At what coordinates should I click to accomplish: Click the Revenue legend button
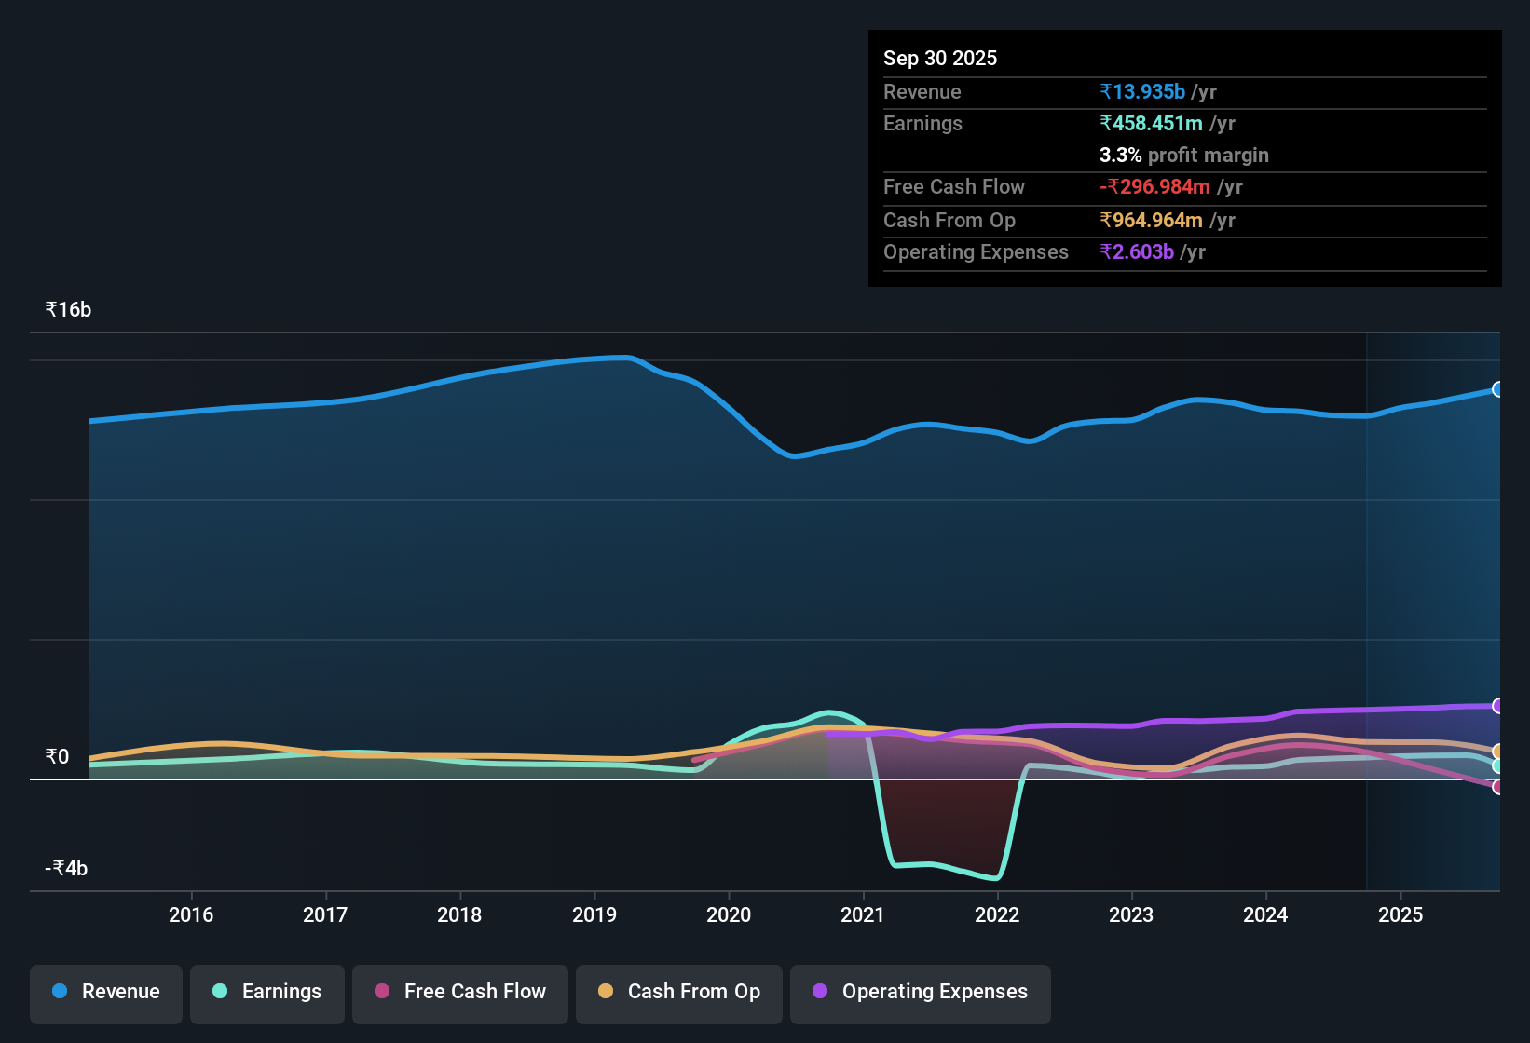[x=106, y=992]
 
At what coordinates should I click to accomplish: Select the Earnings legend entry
[x=267, y=992]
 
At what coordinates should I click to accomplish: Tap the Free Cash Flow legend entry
[x=460, y=992]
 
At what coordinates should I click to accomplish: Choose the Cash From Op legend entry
[x=679, y=992]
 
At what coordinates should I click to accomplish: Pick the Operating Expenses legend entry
[x=921, y=992]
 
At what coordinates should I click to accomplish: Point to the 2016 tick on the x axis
[x=191, y=914]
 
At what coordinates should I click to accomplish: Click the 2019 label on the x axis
[x=594, y=914]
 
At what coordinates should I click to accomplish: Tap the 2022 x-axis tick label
[x=997, y=914]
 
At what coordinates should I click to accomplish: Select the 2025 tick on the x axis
[x=1400, y=914]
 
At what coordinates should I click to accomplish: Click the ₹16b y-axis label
[x=69, y=310]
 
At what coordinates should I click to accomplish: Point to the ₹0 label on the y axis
[x=58, y=756]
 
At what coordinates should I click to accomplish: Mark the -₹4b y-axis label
[x=66, y=868]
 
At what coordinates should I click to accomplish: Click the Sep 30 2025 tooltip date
[x=940, y=58]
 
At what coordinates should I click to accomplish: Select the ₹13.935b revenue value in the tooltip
[x=1142, y=91]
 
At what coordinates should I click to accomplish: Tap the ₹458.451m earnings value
[x=1151, y=123]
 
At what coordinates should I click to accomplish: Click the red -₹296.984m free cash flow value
[x=1154, y=186]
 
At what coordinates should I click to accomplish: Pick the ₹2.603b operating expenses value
[x=1137, y=251]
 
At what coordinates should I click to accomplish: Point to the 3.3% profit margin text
[x=1184, y=155]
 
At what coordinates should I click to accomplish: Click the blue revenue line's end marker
[x=1497, y=389]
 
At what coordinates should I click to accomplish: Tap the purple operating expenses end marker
[x=1497, y=706]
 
